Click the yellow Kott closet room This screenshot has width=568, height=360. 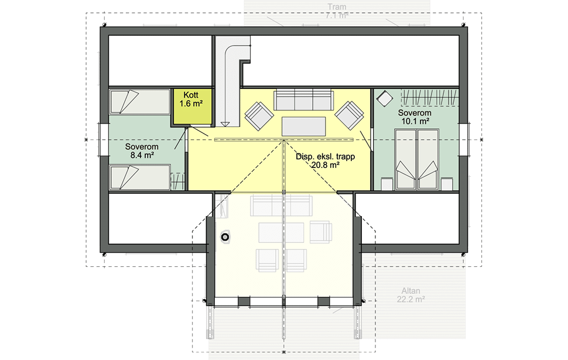pyautogui.click(x=191, y=107)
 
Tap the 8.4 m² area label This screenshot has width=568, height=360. pyautogui.click(x=142, y=156)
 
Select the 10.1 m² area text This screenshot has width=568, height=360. pyautogui.click(x=415, y=121)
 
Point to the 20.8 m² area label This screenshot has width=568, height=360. pyautogui.click(x=326, y=165)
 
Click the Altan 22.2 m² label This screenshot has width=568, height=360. pyautogui.click(x=411, y=295)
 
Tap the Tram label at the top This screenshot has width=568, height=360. pyautogui.click(x=337, y=7)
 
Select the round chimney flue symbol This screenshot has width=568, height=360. pyautogui.click(x=225, y=237)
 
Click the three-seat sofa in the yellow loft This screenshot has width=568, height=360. pyautogui.click(x=303, y=100)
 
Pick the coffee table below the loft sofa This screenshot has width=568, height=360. pyautogui.click(x=303, y=126)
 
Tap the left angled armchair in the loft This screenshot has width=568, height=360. pyautogui.click(x=259, y=116)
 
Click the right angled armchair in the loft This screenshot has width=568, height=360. pyautogui.click(x=349, y=115)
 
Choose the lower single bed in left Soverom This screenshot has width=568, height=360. pyautogui.click(x=140, y=177)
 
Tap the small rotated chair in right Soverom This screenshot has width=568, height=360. pyautogui.click(x=384, y=98)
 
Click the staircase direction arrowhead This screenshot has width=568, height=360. pyautogui.click(x=225, y=124)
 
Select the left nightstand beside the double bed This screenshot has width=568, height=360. pyautogui.click(x=387, y=184)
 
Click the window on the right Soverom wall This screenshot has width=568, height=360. pyautogui.click(x=464, y=139)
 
